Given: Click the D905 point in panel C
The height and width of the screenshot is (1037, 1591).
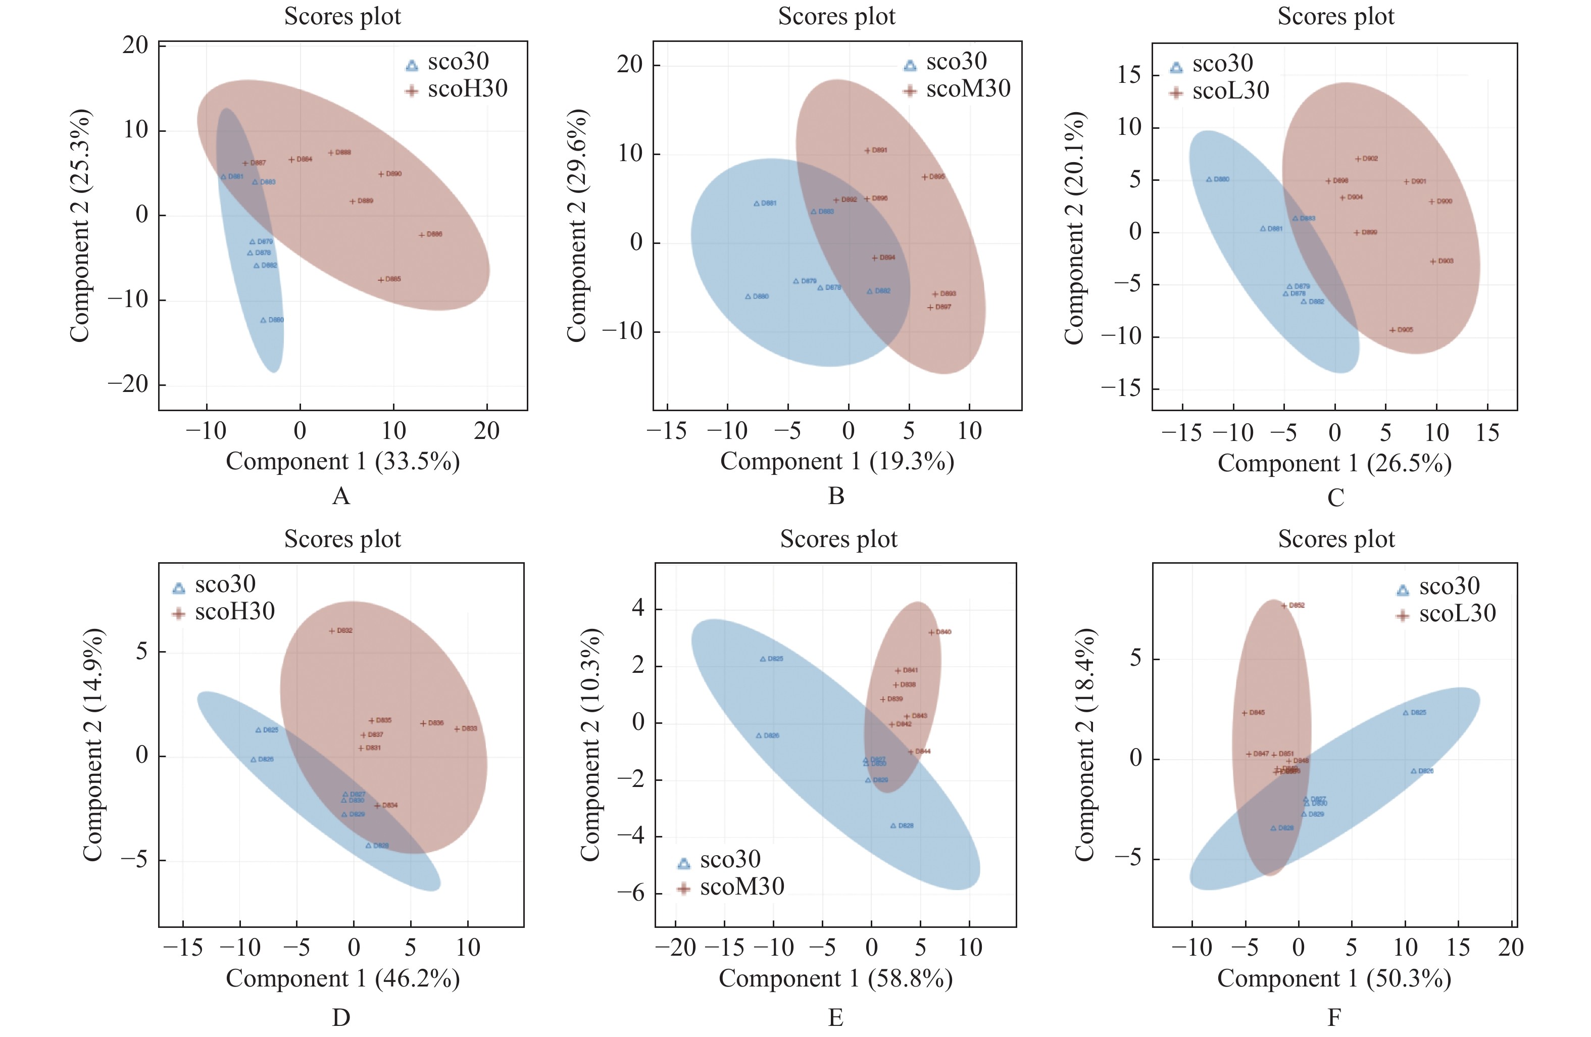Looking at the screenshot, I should pyautogui.click(x=1393, y=330).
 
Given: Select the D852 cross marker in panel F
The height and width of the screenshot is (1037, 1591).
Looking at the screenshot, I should pyautogui.click(x=1283, y=606).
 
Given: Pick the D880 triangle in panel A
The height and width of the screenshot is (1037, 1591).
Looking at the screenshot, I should pyautogui.click(x=263, y=320).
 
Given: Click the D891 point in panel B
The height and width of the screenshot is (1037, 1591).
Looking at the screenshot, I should pyautogui.click(x=867, y=151).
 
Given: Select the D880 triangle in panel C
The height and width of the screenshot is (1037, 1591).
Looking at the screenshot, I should pyautogui.click(x=1209, y=180).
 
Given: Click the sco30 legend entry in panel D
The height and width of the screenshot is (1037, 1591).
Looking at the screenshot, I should pyautogui.click(x=214, y=585).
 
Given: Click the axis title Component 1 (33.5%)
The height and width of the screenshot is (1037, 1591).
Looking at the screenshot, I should pyautogui.click(x=342, y=461).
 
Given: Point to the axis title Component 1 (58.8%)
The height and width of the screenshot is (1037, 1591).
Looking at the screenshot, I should pyautogui.click(x=835, y=978).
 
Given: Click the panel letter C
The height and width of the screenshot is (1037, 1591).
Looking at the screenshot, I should pyautogui.click(x=1335, y=498).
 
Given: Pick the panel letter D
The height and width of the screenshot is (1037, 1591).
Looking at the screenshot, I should pyautogui.click(x=341, y=1018).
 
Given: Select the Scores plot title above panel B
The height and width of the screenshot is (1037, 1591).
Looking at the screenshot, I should pyautogui.click(x=836, y=16).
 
